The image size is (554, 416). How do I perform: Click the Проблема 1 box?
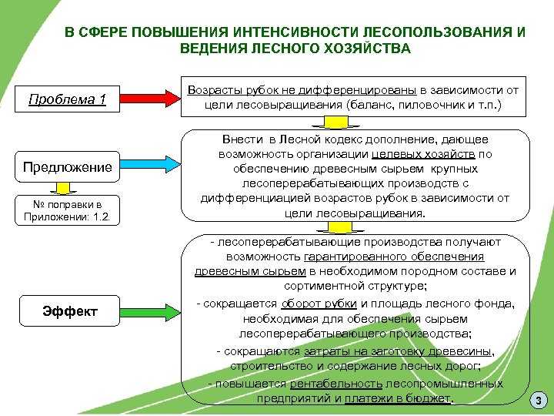(x=68, y=99)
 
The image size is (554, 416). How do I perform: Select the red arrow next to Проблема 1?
(x=149, y=99)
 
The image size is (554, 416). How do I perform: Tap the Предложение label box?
(x=68, y=167)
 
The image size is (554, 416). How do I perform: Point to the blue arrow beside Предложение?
(x=149, y=167)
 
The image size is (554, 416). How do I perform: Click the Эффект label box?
(x=70, y=311)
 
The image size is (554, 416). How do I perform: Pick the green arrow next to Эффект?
(x=149, y=311)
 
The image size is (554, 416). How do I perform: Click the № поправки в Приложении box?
(x=68, y=210)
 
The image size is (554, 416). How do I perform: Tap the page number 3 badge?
(x=539, y=400)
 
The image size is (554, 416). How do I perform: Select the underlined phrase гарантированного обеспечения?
(x=394, y=256)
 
